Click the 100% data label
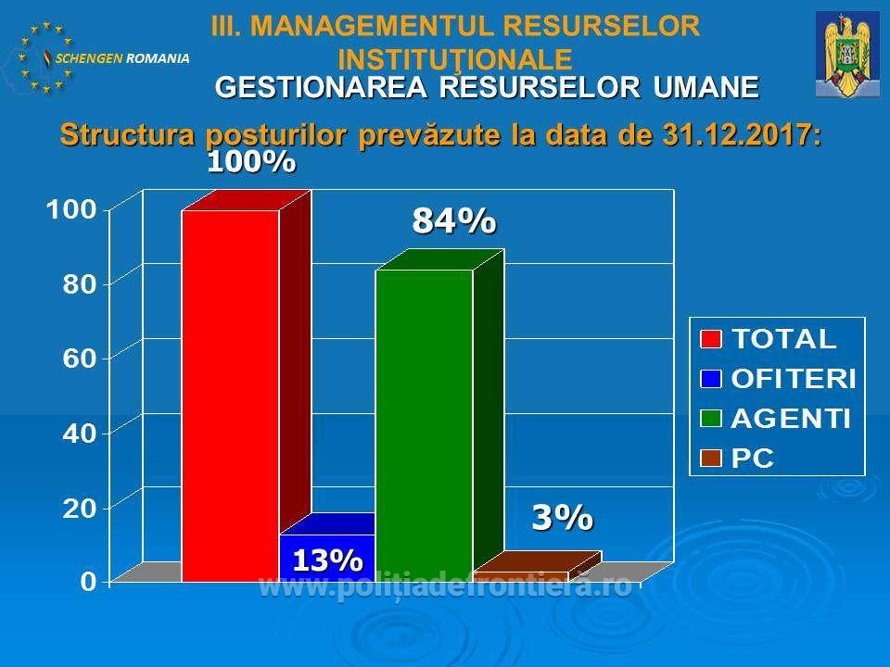[x=251, y=162]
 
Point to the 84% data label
[x=454, y=220]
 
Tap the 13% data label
[x=327, y=560]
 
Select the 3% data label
[x=563, y=517]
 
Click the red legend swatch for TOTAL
[x=711, y=339]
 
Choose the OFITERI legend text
[x=794, y=379]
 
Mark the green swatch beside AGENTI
[x=711, y=419]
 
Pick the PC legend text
[x=752, y=459]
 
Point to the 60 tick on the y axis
[x=80, y=359]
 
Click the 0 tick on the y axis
[x=89, y=582]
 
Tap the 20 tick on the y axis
[x=80, y=508]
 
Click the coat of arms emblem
[x=848, y=55]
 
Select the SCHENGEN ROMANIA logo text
[x=122, y=57]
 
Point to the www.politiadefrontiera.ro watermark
[x=445, y=585]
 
